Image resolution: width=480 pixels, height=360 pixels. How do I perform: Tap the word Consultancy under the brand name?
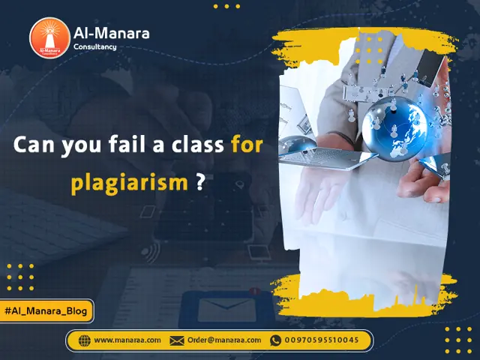tap(94, 47)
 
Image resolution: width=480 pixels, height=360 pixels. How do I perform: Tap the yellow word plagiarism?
tap(128, 183)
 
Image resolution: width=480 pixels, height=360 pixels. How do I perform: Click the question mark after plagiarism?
tap(200, 183)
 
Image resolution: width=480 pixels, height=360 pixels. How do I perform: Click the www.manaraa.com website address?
tap(127, 340)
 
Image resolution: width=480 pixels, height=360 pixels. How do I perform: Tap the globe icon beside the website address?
tap(84, 340)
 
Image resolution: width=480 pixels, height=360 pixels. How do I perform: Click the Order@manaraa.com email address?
tap(224, 340)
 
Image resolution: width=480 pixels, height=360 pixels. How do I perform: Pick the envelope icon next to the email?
tap(177, 340)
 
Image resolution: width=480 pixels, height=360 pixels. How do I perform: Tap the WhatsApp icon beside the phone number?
tap(276, 340)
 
